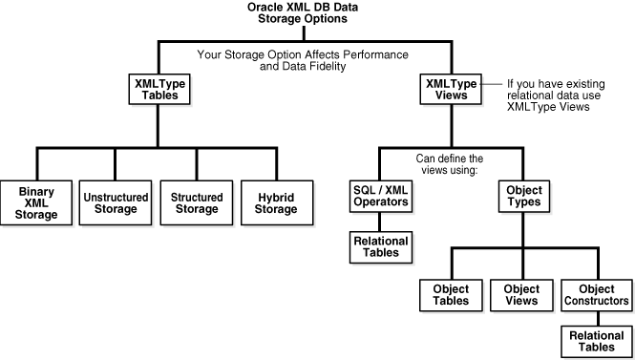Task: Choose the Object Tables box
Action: pyautogui.click(x=449, y=294)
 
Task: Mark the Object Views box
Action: pyautogui.click(x=521, y=294)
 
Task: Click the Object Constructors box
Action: pyautogui.click(x=597, y=294)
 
